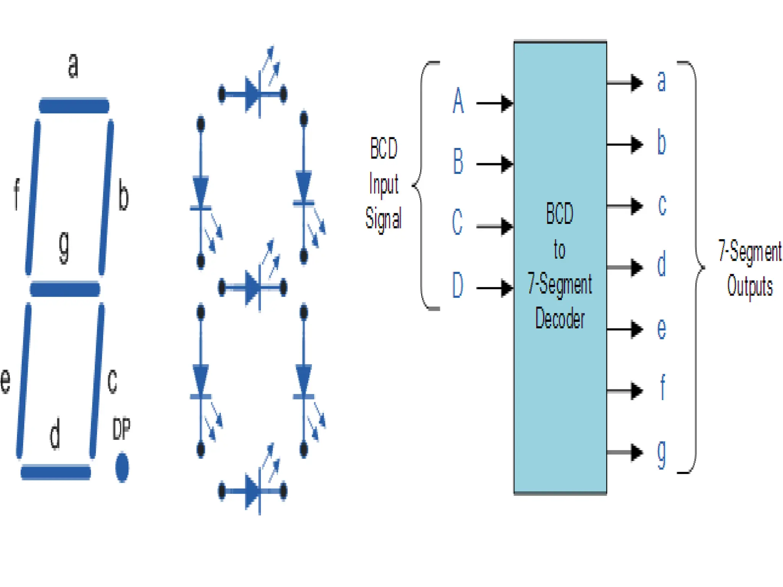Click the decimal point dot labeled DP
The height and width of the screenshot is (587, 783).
click(122, 467)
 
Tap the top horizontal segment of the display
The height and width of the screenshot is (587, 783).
click(74, 105)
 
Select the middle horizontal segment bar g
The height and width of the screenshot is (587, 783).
click(65, 289)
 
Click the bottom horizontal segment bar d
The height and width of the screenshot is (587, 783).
click(56, 472)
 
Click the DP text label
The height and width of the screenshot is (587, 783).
click(122, 429)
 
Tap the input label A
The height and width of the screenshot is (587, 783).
click(458, 101)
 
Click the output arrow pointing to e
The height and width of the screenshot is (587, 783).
click(625, 329)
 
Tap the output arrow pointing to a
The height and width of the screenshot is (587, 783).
click(625, 82)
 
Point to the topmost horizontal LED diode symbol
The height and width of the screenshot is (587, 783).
click(252, 94)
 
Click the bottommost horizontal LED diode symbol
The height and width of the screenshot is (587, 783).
click(252, 491)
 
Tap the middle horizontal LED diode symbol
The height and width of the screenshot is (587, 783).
click(252, 287)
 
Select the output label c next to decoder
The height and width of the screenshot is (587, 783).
click(662, 205)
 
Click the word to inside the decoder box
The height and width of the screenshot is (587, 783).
click(559, 250)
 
